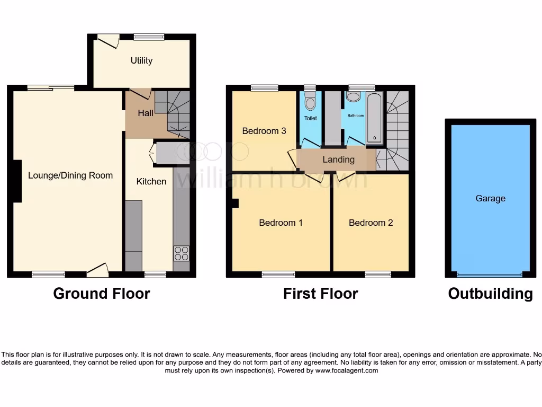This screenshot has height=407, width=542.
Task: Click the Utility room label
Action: pyautogui.click(x=141, y=60)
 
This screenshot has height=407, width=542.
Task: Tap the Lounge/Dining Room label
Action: pyautogui.click(x=70, y=175)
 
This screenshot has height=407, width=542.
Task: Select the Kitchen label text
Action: pyautogui.click(x=151, y=181)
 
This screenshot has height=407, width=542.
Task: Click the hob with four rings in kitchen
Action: pyautogui.click(x=181, y=253)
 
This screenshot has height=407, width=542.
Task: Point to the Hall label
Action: pyautogui.click(x=146, y=113)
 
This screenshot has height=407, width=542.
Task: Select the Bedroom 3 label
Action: pyautogui.click(x=264, y=131)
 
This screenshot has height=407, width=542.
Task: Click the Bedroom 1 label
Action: pyautogui.click(x=281, y=223)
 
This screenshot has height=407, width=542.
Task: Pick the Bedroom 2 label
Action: pyautogui.click(x=371, y=223)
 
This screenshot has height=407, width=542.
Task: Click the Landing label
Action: pyautogui.click(x=338, y=160)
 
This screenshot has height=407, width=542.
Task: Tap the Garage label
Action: pyautogui.click(x=490, y=198)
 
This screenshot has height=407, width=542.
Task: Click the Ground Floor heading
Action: pyautogui.click(x=102, y=294)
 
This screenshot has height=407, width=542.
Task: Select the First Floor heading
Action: pyautogui.click(x=320, y=294)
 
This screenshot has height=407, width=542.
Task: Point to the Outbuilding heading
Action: pyautogui.click(x=490, y=294)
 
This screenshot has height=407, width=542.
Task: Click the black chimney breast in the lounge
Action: pyautogui.click(x=16, y=181)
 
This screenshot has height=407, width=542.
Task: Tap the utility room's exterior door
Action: pyautogui.click(x=109, y=41)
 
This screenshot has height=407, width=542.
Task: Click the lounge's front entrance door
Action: pyautogui.click(x=98, y=271)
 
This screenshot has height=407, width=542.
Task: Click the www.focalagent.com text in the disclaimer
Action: pyautogui.click(x=347, y=370)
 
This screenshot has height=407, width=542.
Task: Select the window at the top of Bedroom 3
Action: pyautogui.click(x=265, y=89)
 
